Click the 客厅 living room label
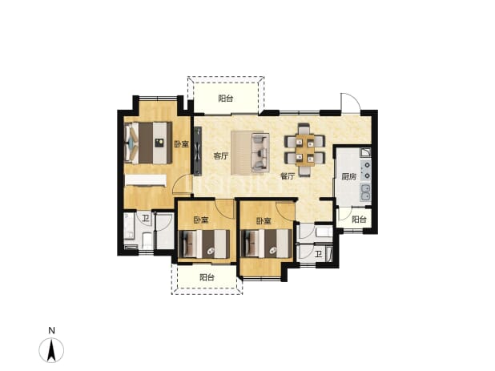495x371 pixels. click(x=220, y=156)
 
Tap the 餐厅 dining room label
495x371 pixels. click(x=288, y=175)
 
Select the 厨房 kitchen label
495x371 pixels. click(x=349, y=176)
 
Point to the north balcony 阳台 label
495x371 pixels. click(x=226, y=99)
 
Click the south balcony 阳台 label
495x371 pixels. click(x=207, y=277)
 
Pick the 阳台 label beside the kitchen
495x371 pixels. click(x=360, y=219)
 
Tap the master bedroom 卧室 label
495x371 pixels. click(x=182, y=144)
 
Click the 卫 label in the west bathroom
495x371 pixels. click(x=145, y=218)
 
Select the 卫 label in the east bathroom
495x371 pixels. click(x=319, y=254)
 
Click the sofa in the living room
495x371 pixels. click(x=260, y=153)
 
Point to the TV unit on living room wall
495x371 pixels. click(x=198, y=151)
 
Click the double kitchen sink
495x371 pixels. click(x=365, y=192)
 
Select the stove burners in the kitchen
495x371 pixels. click(x=367, y=170)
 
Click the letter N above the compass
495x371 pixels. click(x=52, y=331)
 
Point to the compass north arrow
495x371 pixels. click(x=51, y=349)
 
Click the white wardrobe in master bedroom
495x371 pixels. click(x=146, y=180)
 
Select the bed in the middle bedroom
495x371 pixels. click(x=204, y=244)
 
